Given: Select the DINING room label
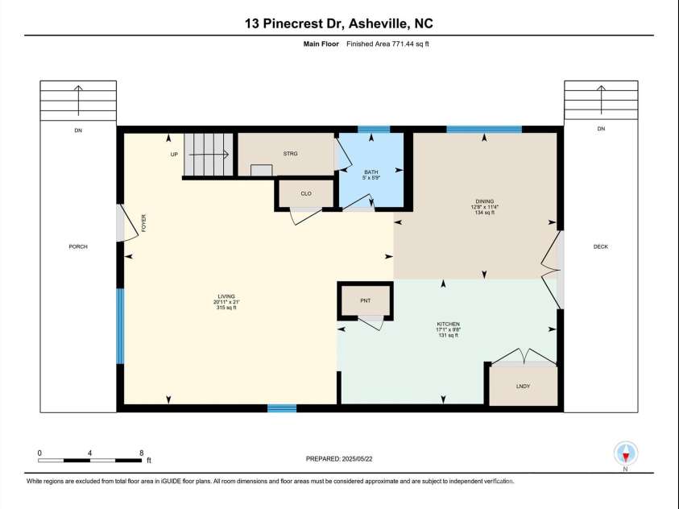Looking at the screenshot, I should (484, 201).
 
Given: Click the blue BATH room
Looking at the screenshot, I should (371, 172).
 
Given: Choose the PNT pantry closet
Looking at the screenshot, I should (365, 300).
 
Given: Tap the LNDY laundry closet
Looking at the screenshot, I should (523, 387).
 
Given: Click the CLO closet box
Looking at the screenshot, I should (306, 193).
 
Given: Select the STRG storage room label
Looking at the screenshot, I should (291, 153).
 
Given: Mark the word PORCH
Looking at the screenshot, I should (78, 246).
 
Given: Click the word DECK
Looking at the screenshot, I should (600, 246).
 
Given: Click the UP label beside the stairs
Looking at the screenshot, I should (173, 154).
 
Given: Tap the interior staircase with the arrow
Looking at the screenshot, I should (209, 154).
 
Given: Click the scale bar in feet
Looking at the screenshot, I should (90, 459).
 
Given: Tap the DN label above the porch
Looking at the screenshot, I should (78, 130).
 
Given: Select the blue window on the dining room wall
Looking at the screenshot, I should (484, 129).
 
